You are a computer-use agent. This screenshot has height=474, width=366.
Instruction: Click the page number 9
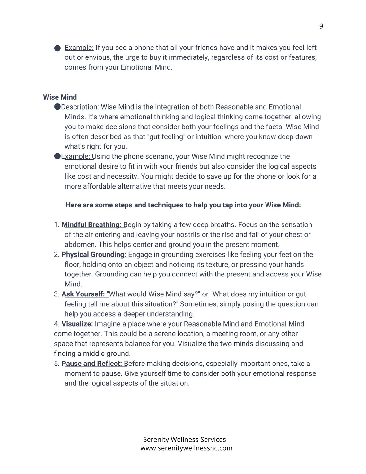[321, 26]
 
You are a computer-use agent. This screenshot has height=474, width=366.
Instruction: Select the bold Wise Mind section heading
[60, 97]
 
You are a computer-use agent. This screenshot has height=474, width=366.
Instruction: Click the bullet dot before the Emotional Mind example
[57, 48]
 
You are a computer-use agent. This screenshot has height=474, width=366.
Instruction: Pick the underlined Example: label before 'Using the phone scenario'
[77, 156]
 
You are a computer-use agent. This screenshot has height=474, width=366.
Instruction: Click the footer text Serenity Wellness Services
[184, 439]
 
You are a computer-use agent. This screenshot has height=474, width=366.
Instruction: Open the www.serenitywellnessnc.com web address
[186, 448]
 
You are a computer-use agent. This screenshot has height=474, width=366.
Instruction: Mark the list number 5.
[57, 364]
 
